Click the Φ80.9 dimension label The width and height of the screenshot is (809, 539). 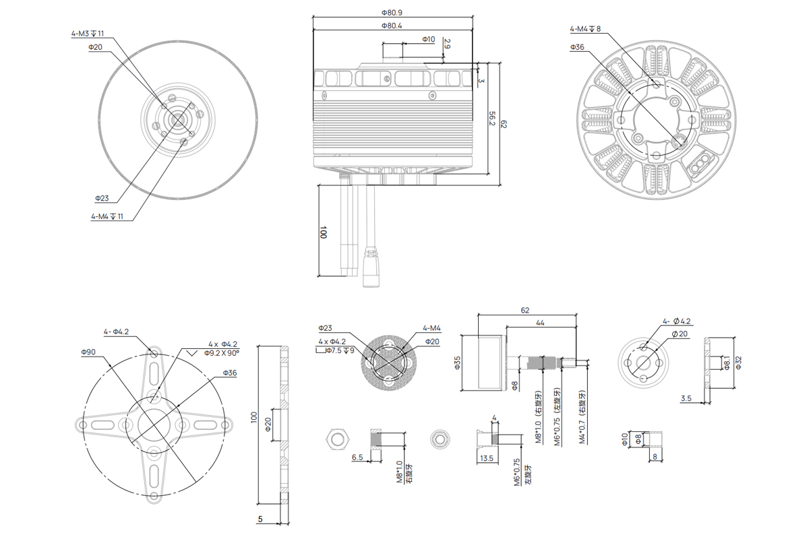392,13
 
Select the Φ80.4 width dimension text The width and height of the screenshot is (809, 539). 392,26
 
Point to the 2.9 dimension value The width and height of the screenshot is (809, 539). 447,45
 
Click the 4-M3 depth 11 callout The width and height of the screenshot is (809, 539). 88,33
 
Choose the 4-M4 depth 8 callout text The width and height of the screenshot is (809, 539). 585,29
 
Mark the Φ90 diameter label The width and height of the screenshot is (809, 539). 88,352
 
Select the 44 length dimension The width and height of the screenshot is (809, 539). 540,323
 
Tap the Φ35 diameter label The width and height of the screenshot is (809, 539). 456,364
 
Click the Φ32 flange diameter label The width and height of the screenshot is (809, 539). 738,364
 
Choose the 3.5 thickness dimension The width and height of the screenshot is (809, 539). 686,399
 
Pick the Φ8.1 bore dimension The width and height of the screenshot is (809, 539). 727,364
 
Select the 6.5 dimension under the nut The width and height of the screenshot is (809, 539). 357,457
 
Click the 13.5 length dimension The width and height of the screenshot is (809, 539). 485,457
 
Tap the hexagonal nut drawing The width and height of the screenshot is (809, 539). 336,439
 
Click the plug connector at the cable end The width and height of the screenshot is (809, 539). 371,268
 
